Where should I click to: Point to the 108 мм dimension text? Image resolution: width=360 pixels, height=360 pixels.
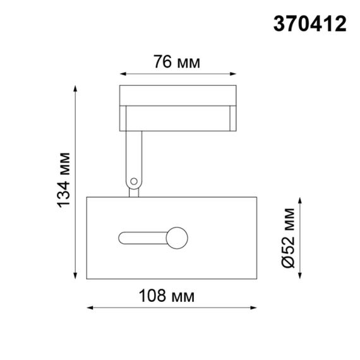pos(171,296)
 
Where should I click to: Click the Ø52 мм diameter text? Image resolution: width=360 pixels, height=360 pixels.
pos(289,237)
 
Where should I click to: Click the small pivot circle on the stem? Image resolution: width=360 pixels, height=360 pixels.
pos(133,183)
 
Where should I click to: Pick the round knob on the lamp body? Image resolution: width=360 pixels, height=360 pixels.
pos(176,239)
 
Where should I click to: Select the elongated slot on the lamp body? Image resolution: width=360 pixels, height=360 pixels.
pos(142,239)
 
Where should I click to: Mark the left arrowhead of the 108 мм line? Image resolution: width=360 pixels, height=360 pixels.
pos(89,308)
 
